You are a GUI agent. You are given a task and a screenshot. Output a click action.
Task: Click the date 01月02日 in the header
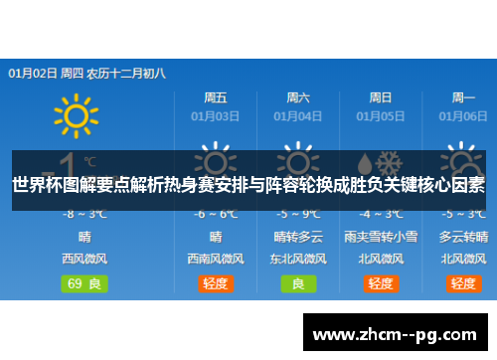(x=32, y=73)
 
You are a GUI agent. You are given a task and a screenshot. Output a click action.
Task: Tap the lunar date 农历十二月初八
(x=126, y=73)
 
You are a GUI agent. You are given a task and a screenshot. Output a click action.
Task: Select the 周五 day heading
(x=216, y=97)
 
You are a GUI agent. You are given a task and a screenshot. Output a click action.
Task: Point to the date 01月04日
(x=298, y=116)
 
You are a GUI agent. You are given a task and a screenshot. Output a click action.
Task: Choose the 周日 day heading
(x=381, y=97)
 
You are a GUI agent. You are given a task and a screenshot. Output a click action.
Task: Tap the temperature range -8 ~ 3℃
(x=84, y=214)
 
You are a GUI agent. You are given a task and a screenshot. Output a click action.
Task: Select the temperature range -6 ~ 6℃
(x=216, y=214)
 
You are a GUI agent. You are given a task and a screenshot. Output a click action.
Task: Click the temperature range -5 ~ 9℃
(x=298, y=214)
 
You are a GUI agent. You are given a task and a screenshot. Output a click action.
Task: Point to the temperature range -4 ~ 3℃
(x=381, y=214)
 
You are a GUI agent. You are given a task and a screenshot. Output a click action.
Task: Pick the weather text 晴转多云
(x=298, y=237)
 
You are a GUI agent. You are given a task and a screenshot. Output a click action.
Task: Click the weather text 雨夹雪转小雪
(x=381, y=237)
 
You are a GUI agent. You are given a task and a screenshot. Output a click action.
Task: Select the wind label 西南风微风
(x=216, y=259)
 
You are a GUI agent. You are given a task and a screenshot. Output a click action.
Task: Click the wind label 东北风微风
(x=298, y=259)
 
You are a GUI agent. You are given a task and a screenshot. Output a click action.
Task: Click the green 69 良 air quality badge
(x=84, y=283)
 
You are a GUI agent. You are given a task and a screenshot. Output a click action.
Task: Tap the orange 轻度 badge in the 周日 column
(x=381, y=283)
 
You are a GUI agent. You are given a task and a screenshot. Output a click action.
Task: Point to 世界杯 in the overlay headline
(x=34, y=185)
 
